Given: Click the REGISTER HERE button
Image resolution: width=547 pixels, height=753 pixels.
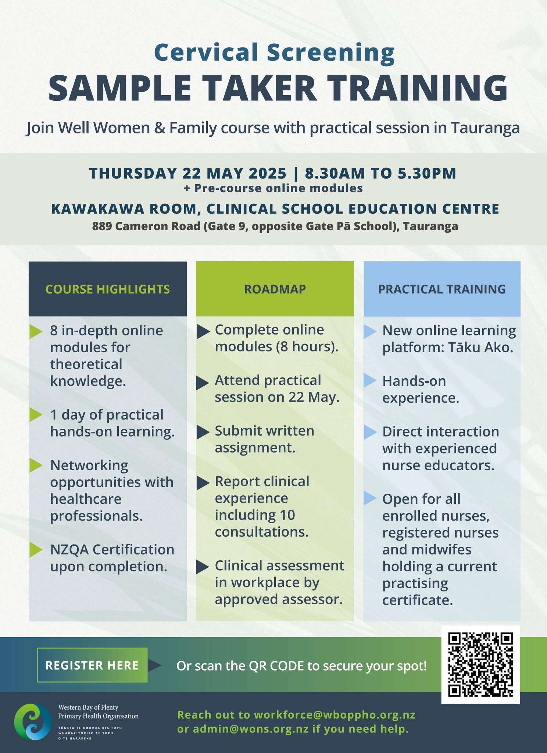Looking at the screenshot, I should click(x=92, y=665).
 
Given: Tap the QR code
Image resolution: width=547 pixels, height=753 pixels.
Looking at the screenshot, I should click(x=480, y=664).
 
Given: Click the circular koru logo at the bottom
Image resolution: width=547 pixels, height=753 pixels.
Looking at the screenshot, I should click(x=33, y=722).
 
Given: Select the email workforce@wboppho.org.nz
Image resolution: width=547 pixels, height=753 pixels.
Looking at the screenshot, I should click(x=335, y=715).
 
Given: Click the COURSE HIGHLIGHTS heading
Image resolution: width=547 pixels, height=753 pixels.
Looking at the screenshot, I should click(x=108, y=289).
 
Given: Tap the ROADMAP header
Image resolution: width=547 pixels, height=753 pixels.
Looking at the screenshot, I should click(x=275, y=289).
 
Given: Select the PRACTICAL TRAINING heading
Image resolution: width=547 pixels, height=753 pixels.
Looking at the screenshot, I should click(x=442, y=289).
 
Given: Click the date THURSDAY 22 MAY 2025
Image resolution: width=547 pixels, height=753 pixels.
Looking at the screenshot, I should click(x=187, y=173).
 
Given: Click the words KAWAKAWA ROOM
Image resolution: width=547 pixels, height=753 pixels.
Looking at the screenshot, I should click(x=124, y=209).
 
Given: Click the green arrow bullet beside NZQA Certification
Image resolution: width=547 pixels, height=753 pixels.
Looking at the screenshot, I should click(x=36, y=550).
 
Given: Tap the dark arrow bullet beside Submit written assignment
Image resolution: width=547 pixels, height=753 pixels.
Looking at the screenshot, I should click(x=202, y=432).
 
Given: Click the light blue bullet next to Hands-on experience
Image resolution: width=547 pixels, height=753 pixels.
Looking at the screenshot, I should click(x=370, y=382).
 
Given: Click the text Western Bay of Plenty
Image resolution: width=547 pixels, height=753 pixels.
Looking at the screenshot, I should click(x=88, y=707).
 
